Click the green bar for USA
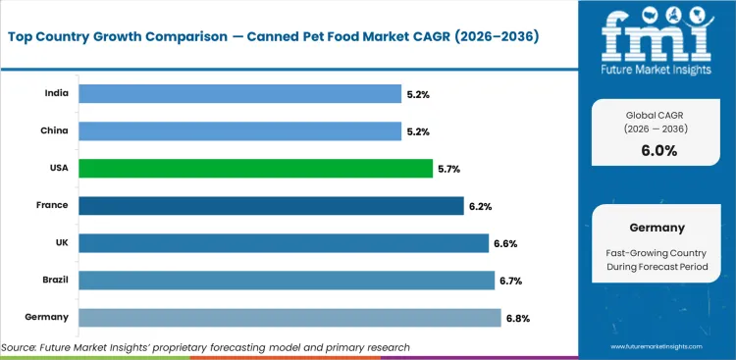pyautogui.click(x=255, y=169)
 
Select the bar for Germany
pyautogui.click(x=289, y=317)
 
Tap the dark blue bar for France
pyautogui.click(x=271, y=206)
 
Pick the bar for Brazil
pyautogui.click(x=287, y=281)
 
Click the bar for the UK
pyautogui.click(x=284, y=243)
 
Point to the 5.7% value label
pyautogui.click(x=448, y=169)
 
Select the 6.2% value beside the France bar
pyautogui.click(x=479, y=206)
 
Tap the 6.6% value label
pyautogui.click(x=504, y=243)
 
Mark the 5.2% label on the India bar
pyautogui.click(x=417, y=94)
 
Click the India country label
pyautogui.click(x=56, y=94)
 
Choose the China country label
pyautogui.click(x=55, y=131)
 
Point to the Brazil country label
pyautogui.click(x=55, y=281)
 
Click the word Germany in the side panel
pyautogui.click(x=656, y=227)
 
